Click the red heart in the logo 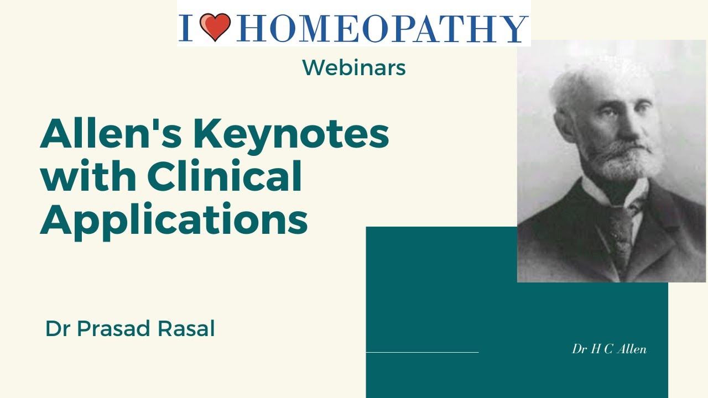pos(215,28)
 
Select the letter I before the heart pos(186,29)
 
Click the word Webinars pos(354,68)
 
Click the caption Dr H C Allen pos(609,349)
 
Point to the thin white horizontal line pos(422,352)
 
